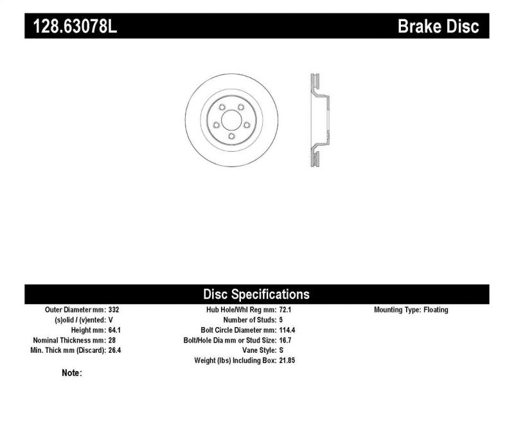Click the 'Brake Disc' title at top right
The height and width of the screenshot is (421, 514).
click(x=439, y=26)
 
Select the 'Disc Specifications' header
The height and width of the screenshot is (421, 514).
click(x=256, y=294)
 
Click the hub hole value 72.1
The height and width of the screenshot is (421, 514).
click(x=285, y=310)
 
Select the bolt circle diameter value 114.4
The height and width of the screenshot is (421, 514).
click(x=287, y=330)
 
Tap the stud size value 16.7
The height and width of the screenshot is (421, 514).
click(x=285, y=340)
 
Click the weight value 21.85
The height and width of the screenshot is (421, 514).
click(x=287, y=361)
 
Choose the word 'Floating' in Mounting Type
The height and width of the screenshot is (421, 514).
click(x=436, y=310)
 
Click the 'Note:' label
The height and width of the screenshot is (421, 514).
click(x=71, y=373)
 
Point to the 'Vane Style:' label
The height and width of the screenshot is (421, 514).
click(x=257, y=350)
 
